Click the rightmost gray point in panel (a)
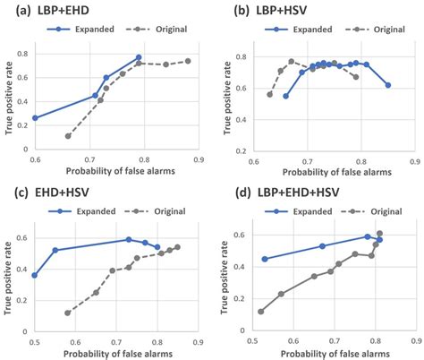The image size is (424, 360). click(x=188, y=61)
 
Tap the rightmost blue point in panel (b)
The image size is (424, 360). click(x=388, y=85)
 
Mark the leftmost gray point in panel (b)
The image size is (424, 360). click(x=270, y=94)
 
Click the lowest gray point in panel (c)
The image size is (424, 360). click(x=67, y=313)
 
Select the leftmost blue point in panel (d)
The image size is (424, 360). click(x=264, y=259)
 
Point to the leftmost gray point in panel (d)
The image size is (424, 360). click(x=260, y=312)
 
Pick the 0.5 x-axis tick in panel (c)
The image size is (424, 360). click(x=35, y=342)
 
